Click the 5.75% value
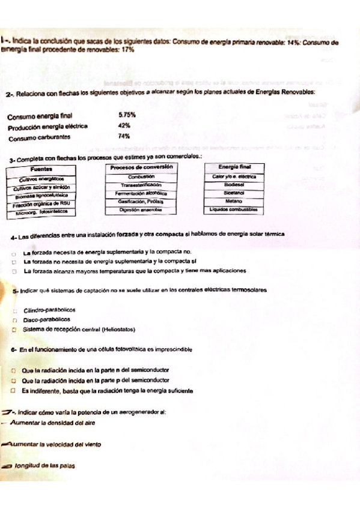127,114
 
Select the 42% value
124,125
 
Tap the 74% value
124,137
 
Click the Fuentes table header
40,170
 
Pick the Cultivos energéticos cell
41,179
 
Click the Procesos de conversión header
142,167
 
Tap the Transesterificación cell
142,185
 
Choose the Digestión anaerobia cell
142,210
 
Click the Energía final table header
233,167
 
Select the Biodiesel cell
233,185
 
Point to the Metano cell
233,202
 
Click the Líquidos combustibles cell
233,210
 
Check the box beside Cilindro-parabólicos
14,310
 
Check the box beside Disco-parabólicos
14,321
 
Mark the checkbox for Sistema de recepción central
14,330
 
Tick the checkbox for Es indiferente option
13,390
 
